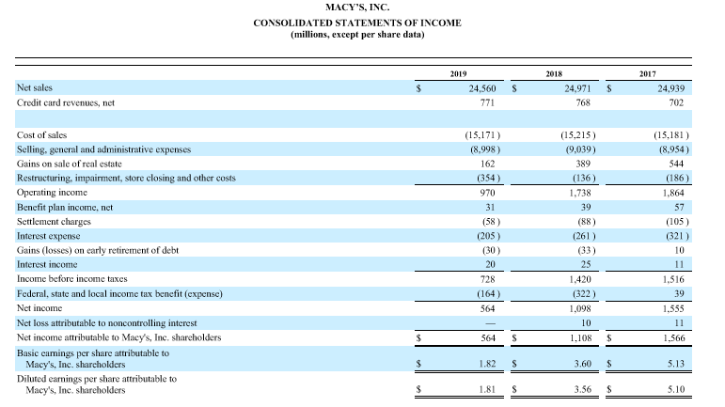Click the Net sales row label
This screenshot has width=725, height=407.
point(35,86)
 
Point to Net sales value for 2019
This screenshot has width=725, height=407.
point(481,87)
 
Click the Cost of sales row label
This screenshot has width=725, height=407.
point(42,135)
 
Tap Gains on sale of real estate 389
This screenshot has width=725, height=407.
point(581,164)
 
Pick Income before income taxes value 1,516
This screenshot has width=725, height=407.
point(671,279)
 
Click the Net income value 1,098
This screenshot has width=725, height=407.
point(577,307)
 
